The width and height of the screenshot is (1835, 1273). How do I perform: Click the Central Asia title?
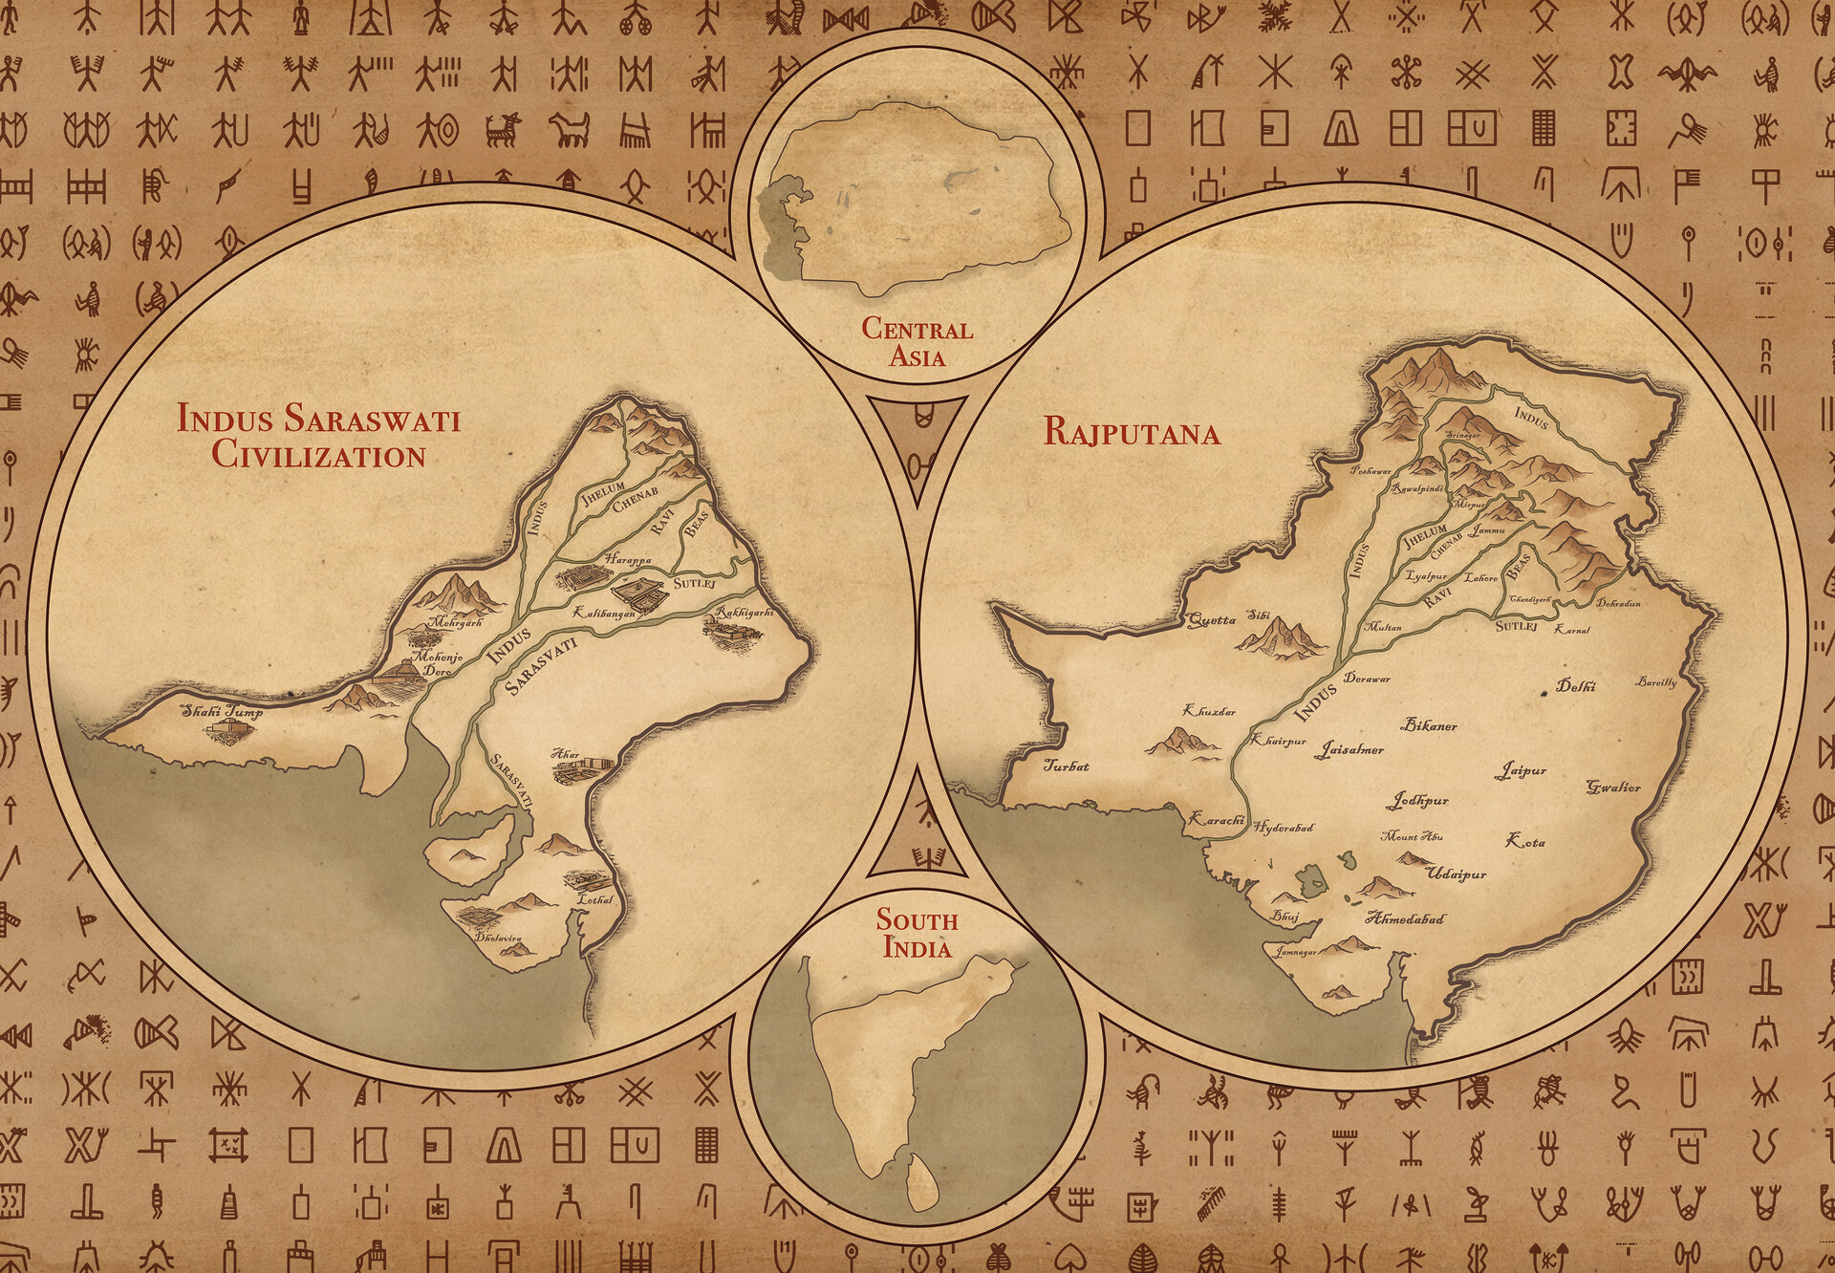point(917,342)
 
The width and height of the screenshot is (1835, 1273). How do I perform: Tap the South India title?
point(917,934)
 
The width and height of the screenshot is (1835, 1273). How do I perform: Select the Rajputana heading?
point(1132,433)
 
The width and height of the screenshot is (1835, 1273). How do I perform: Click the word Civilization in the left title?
point(318,455)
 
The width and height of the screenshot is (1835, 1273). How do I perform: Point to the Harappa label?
point(627,558)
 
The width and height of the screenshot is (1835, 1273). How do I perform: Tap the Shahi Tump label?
point(222,711)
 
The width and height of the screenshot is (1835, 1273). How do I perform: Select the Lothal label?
point(594,900)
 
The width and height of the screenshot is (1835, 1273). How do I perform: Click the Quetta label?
point(1211,620)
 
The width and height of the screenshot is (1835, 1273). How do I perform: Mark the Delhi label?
point(1575,685)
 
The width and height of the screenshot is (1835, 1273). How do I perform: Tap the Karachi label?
point(1215,819)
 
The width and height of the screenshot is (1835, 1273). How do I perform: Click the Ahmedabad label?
point(1405,919)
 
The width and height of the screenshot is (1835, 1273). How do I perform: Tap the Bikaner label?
point(1430,726)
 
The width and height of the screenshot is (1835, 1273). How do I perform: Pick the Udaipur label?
point(1456,874)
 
